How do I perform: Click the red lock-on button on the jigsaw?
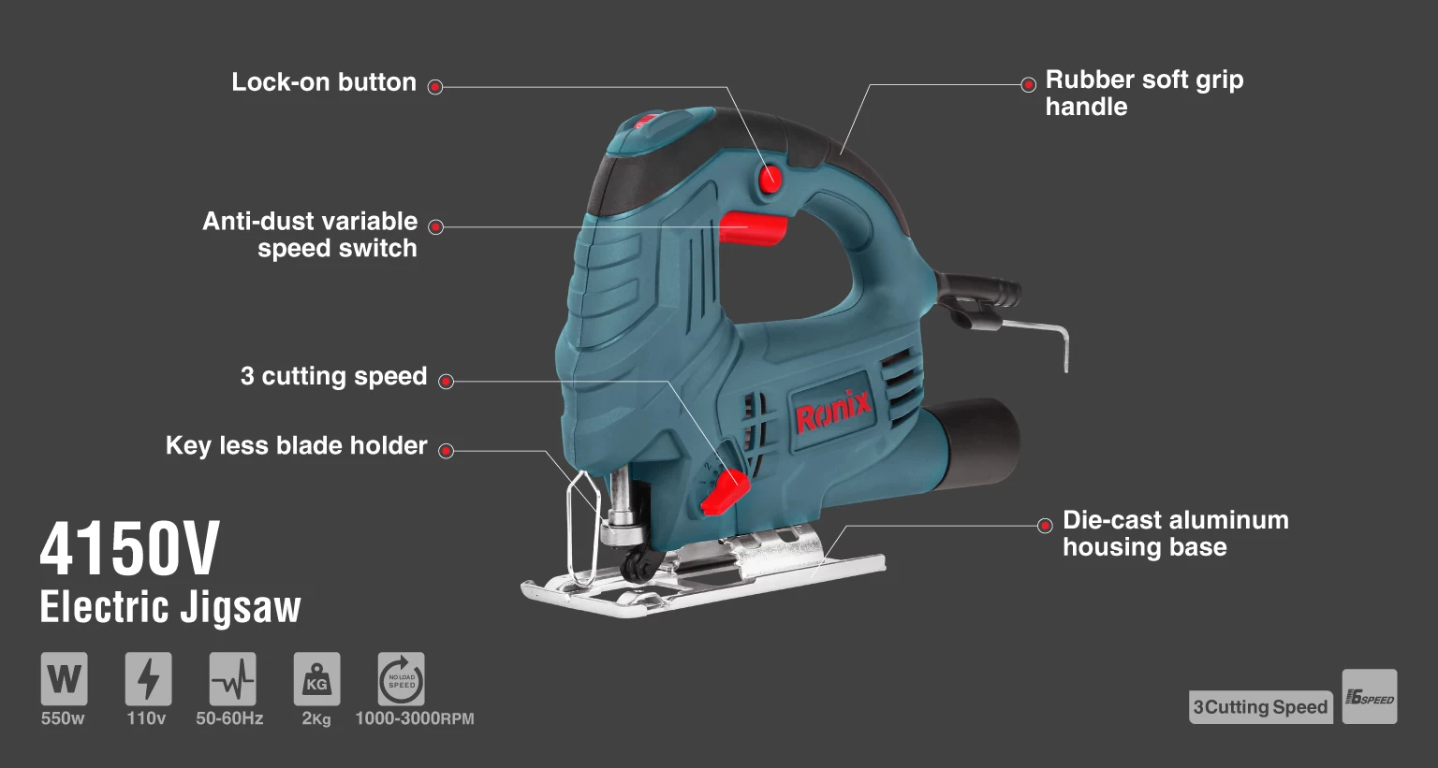tap(770, 179)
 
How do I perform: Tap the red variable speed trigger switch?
tap(752, 227)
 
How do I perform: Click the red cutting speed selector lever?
tap(725, 489)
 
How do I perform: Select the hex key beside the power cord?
tap(1039, 333)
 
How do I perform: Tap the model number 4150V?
tap(130, 549)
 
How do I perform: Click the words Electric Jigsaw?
tap(170, 607)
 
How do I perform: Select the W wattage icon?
tap(64, 678)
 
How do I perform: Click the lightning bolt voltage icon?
tap(148, 678)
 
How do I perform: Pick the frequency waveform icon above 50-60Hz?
tap(232, 678)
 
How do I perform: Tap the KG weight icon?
tap(316, 678)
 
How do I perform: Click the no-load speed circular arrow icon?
tap(401, 678)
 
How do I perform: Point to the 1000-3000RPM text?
tap(415, 718)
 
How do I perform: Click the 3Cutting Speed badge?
tap(1260, 707)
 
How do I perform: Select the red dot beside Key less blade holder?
tap(447, 451)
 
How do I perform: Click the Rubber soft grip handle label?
tap(1144, 93)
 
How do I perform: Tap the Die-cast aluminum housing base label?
tap(1175, 533)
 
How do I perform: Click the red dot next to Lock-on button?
tap(435, 87)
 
